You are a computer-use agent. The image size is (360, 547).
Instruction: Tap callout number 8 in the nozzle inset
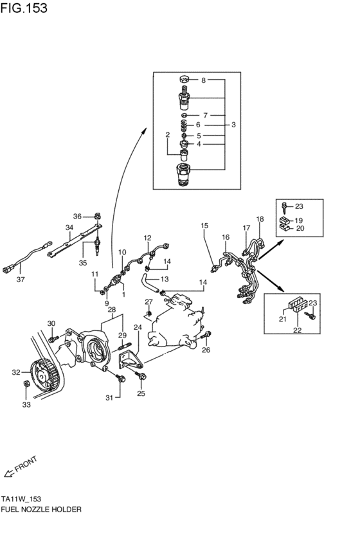(204, 80)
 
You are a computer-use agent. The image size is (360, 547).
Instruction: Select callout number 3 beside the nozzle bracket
(233, 125)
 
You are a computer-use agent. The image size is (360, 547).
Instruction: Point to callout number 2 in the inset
(167, 135)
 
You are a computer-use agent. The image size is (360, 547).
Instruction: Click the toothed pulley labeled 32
(44, 373)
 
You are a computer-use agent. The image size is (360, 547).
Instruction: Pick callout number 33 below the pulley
(26, 405)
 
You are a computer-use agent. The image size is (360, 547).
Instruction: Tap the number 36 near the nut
(77, 216)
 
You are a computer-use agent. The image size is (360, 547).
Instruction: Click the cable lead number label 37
(20, 279)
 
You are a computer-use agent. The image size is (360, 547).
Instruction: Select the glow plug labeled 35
(97, 248)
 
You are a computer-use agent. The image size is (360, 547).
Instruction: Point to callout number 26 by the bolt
(206, 350)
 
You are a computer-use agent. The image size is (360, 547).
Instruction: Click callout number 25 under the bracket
(141, 394)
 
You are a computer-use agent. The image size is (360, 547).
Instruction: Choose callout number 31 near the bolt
(109, 398)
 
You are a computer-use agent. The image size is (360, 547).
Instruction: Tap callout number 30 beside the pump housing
(51, 323)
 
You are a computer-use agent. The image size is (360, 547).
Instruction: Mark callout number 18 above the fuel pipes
(260, 219)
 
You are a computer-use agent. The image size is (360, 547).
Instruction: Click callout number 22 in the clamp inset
(297, 330)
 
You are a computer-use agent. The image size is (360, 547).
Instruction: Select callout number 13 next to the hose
(164, 279)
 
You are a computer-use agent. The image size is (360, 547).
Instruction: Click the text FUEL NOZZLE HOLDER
(41, 508)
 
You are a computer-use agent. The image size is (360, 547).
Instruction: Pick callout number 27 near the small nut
(148, 301)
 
